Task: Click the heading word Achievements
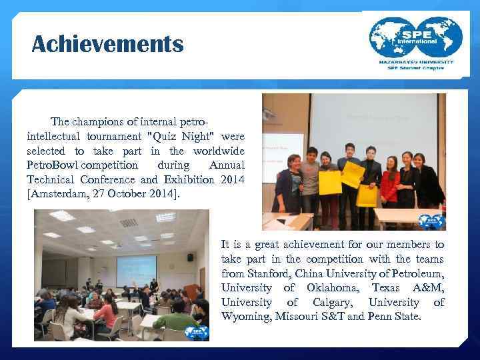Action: [107, 45]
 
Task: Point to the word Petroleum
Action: [415, 273]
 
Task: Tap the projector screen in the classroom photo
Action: [136, 271]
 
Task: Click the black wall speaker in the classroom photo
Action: [190, 257]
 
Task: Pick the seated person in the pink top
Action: [106, 313]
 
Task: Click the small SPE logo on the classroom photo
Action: [199, 333]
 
